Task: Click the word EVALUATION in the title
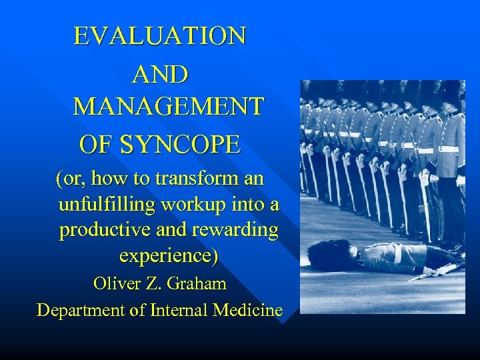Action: click(160, 35)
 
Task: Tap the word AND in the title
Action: click(160, 74)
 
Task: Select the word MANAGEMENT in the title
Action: click(168, 107)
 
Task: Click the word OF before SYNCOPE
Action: click(93, 143)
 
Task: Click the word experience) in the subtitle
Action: click(168, 255)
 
